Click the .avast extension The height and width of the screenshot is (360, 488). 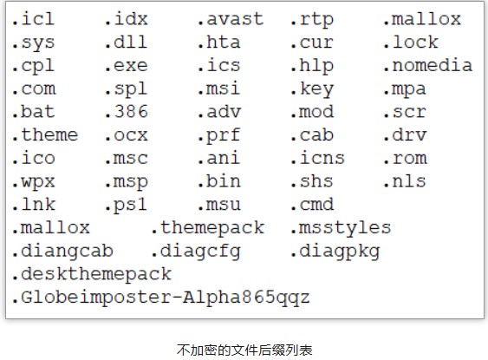231,19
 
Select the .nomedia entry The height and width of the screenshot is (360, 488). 428,65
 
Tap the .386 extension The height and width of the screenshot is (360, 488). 127,112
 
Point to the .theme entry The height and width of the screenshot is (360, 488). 45,134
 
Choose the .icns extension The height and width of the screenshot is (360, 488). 318,158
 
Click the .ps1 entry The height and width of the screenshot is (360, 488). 126,205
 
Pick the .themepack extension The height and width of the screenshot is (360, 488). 208,227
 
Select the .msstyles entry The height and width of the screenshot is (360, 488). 341,227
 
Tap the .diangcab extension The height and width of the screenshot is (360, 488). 62,251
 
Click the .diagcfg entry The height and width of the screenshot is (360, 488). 196,251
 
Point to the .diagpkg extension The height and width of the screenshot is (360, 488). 335,251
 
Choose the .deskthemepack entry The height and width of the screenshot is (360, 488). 92,274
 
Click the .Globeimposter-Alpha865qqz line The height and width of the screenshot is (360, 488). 161,297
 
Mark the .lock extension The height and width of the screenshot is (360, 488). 411,43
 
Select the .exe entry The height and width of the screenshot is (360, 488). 127,65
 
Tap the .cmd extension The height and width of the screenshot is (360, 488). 312,205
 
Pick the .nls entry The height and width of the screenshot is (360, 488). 405,181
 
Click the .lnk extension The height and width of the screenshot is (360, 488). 34,205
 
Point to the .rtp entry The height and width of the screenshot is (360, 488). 312,19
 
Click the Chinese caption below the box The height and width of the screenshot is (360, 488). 244,350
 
